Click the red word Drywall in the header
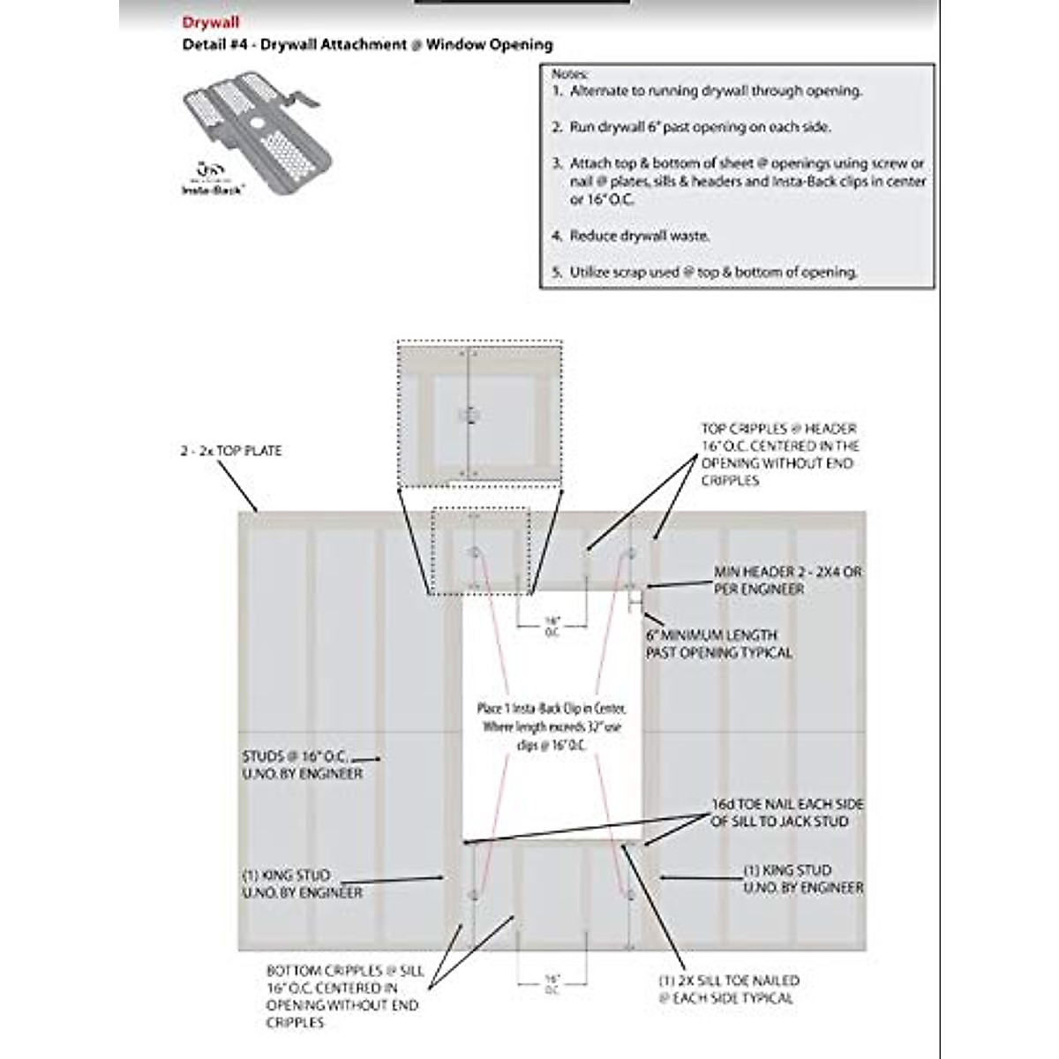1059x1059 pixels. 210,23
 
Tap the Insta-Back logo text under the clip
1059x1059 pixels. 213,188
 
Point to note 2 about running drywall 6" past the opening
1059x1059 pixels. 700,127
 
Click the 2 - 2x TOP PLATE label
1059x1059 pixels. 231,451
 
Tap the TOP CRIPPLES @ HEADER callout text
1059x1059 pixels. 779,454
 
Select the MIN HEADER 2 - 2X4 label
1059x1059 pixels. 787,580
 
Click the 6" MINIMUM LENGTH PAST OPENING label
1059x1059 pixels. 718,643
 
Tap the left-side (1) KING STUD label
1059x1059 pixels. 302,883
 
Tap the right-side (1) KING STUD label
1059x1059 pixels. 802,878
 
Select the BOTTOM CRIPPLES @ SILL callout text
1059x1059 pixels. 345,996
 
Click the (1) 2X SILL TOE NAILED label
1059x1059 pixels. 728,989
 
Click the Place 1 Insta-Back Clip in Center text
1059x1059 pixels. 552,726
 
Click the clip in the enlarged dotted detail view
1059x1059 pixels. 469,415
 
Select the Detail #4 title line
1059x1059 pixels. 367,44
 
